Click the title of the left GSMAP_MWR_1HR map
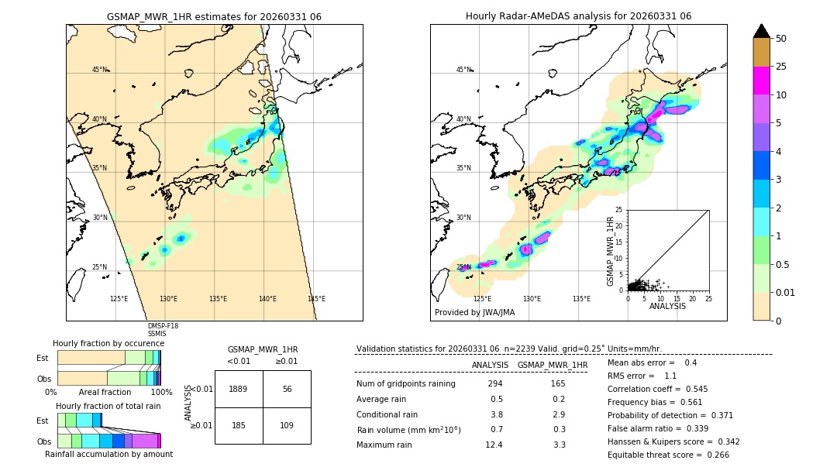(214, 16)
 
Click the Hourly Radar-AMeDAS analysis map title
(578, 16)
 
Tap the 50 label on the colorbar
(781, 39)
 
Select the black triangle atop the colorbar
(762, 31)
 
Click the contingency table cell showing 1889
(239, 389)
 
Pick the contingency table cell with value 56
(287, 389)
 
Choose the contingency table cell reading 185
(239, 425)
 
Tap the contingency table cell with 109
(287, 425)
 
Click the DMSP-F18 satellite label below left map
(163, 326)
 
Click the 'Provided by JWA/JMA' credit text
(474, 313)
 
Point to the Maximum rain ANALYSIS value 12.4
(494, 445)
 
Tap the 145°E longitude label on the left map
(316, 299)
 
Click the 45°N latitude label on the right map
(463, 70)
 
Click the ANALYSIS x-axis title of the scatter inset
(667, 307)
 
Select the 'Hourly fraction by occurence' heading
(108, 344)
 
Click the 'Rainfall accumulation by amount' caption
(108, 455)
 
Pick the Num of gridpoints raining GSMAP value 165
(558, 384)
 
